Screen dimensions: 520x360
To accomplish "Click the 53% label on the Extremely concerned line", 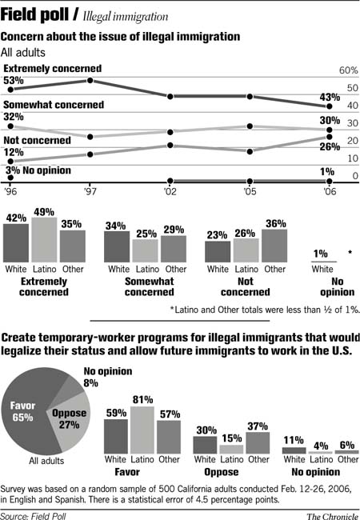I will [14, 81].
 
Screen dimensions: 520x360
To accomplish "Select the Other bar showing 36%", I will [274, 246].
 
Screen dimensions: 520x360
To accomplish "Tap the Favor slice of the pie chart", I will [24, 411].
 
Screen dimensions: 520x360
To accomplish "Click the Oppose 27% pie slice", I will [70, 419].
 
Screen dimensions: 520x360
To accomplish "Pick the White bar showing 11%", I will [294, 450].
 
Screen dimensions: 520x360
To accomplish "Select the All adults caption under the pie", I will [46, 460].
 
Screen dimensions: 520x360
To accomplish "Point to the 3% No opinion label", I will [38, 170].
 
